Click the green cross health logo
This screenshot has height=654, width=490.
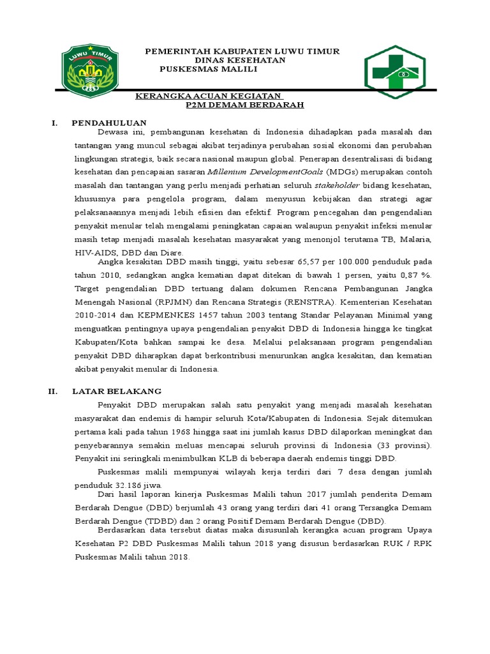point(394,72)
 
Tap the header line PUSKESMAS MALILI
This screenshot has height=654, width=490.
point(207,69)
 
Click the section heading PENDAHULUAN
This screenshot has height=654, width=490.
point(109,122)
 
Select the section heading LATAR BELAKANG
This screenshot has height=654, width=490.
point(117,391)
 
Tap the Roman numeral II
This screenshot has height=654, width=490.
point(54,391)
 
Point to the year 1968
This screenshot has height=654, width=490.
point(177,431)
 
